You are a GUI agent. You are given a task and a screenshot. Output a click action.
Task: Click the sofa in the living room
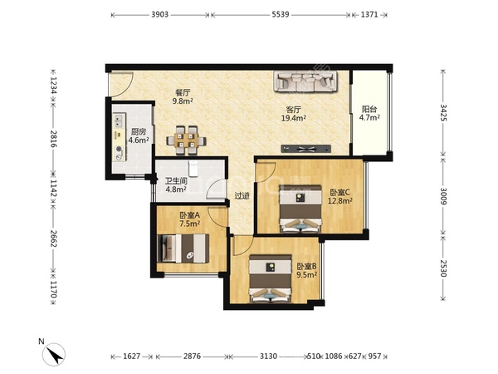click(305, 81)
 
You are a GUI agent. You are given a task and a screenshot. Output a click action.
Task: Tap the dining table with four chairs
click(186, 140)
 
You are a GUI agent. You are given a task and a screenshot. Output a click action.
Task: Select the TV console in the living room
click(305, 149)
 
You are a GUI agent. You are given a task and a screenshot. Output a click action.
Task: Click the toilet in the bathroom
click(193, 168)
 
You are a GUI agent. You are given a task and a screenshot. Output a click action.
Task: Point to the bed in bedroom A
click(183, 249)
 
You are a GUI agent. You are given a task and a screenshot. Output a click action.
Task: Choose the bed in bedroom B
click(271, 278)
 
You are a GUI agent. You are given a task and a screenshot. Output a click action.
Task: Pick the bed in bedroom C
click(300, 209)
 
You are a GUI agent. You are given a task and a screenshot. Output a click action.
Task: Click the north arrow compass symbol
click(54, 354)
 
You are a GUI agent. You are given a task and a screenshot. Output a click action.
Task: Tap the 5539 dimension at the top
click(281, 15)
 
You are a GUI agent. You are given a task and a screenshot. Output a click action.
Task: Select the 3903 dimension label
click(159, 15)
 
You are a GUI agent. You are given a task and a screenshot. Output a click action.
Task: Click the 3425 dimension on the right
click(443, 112)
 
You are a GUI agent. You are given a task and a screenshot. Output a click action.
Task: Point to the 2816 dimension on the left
click(53, 139)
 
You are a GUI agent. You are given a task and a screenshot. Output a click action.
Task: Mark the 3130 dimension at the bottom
click(268, 357)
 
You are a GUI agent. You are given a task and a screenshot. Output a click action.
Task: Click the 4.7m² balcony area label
click(369, 118)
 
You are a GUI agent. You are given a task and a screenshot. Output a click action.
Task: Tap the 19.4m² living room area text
click(294, 118)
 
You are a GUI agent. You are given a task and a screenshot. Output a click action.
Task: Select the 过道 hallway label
click(242, 196)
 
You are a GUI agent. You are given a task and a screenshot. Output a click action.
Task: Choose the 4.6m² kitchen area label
click(139, 140)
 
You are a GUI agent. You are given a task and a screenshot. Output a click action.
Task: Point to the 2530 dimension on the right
click(443, 268)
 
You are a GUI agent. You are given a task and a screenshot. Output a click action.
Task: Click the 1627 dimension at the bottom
click(132, 357)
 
